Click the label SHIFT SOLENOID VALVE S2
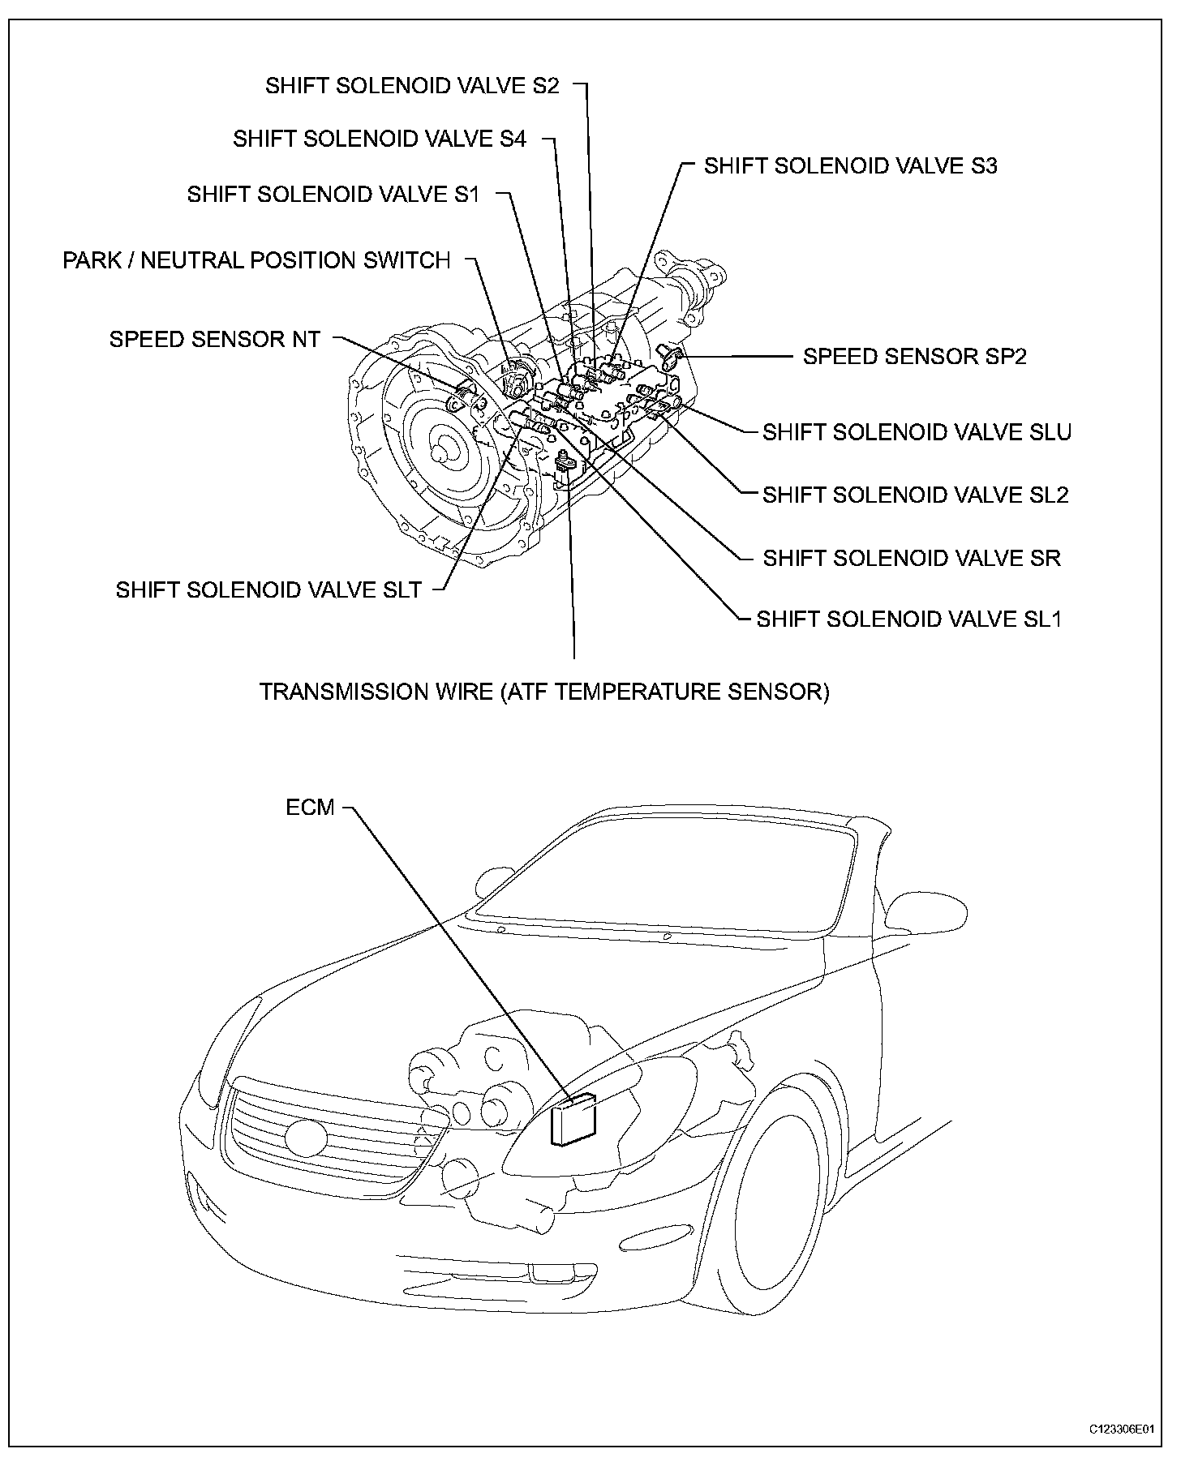(x=412, y=86)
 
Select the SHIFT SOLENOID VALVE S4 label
(x=380, y=139)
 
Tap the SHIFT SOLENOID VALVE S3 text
(x=850, y=166)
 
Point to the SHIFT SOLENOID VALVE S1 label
(x=333, y=195)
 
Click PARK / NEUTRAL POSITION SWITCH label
(x=256, y=260)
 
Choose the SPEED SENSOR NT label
(x=215, y=339)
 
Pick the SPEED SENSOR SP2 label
(x=914, y=357)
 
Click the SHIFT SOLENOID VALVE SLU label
(x=917, y=432)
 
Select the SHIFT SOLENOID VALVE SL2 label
(x=915, y=495)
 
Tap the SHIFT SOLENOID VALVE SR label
(x=912, y=558)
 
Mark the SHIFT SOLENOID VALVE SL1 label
(x=908, y=619)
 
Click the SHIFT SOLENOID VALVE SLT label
(x=268, y=589)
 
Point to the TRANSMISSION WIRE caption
(x=544, y=692)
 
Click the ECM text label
(x=310, y=808)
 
